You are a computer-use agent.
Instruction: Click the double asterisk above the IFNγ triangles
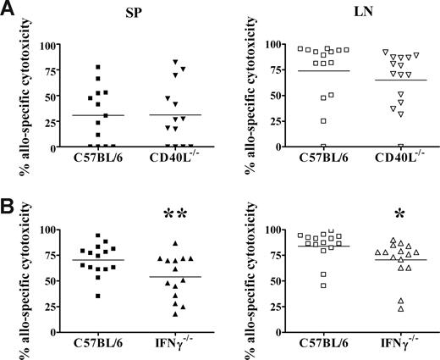click(173, 212)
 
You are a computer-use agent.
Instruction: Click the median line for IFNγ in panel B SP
click(172, 277)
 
